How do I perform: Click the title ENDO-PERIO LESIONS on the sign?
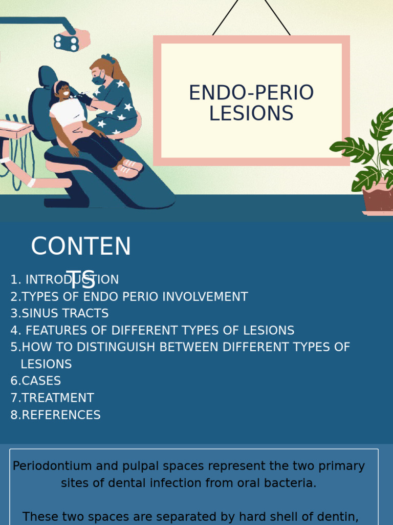251,103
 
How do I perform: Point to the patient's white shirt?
67,112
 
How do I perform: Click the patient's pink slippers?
128,168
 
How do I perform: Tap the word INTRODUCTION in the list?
72,279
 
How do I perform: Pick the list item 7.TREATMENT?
52,398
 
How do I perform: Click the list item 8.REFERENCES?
56,415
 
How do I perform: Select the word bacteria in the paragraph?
291,483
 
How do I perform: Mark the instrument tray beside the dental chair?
15,128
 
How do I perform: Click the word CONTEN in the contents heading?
81,247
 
